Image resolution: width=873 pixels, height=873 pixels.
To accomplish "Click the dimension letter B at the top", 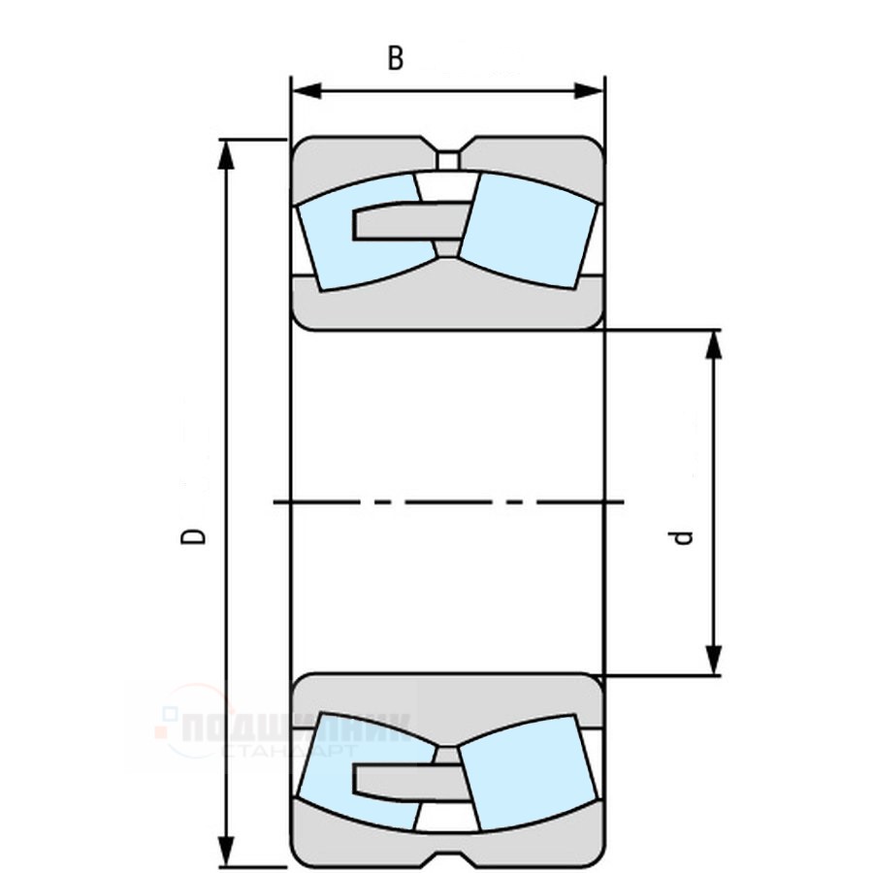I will tap(395, 59).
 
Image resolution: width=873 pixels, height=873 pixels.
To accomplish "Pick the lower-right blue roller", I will tap(529, 776).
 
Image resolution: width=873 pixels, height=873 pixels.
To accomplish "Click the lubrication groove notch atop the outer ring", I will tap(448, 157).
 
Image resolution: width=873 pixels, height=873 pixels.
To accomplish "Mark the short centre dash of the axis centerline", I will tap(521, 502).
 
